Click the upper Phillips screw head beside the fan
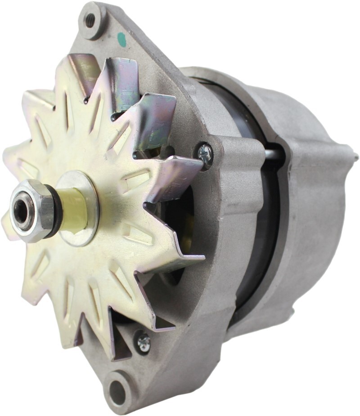(205, 153)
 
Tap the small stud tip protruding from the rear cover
(355, 157)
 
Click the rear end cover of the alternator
(310, 202)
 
